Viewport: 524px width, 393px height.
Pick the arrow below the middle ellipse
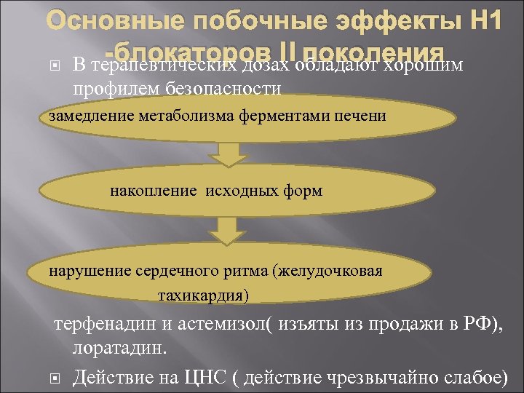pos(226,232)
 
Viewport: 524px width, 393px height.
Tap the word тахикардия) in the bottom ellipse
pos(202,295)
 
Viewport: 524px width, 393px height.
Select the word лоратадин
pos(119,348)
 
